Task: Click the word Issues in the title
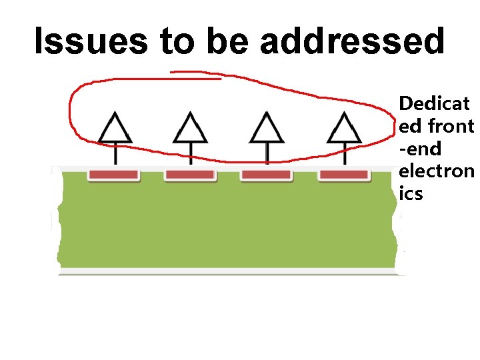(91, 41)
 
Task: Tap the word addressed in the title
(352, 41)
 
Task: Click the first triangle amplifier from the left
(115, 129)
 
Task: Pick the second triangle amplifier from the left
(191, 129)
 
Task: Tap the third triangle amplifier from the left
(267, 129)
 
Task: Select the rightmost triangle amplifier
(343, 129)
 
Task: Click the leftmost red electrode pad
(114, 175)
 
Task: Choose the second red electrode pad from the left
(190, 175)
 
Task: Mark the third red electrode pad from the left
(266, 175)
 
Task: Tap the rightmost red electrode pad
(343, 175)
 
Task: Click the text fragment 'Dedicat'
(433, 103)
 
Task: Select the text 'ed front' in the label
(435, 126)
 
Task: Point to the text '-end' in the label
(420, 148)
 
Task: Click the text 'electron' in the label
(435, 171)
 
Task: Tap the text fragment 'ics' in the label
(411, 194)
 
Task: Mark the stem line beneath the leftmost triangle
(115, 155)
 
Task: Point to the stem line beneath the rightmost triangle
(343, 155)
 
